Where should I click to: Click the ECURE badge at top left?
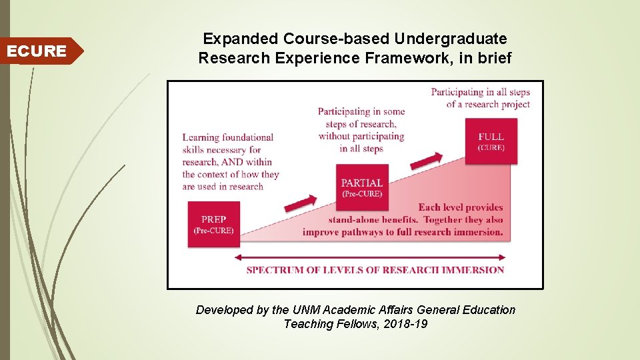pos(37,51)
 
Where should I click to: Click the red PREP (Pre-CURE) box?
pos(213,224)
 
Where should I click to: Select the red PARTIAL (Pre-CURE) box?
pos(362,188)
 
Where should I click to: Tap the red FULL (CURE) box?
pos(491,141)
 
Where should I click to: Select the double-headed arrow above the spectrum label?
pos(371,257)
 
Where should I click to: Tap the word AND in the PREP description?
pos(231,162)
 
